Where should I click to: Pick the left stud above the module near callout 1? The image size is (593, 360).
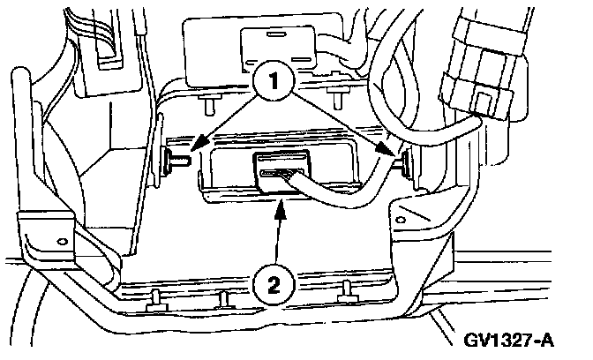point(208,104)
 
